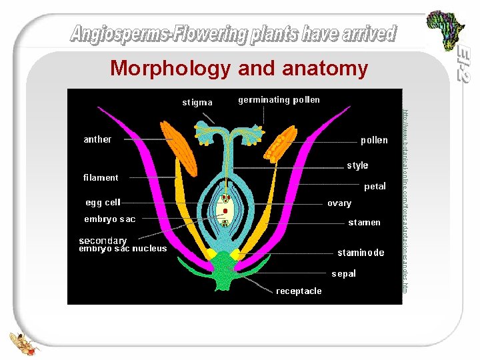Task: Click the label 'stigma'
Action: coord(197,103)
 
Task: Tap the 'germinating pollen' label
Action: coord(279,100)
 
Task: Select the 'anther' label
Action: coord(97,139)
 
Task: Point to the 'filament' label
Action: coord(101,177)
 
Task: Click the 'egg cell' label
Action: coord(103,202)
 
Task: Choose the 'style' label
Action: coord(357,165)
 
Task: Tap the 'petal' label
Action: coord(374,187)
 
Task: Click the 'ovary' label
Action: coord(339,203)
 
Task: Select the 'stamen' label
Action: coord(364,222)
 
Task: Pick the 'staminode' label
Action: coord(361,253)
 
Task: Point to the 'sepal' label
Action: coord(344,273)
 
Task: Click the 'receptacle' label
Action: coord(299,291)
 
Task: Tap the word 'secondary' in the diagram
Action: coord(103,241)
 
